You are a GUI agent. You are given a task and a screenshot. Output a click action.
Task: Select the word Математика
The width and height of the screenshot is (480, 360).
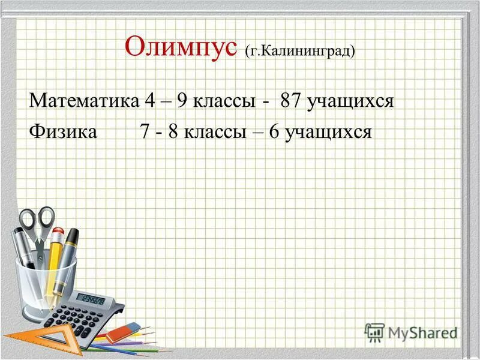84,100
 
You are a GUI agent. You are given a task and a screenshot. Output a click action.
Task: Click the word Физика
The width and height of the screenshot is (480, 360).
63,131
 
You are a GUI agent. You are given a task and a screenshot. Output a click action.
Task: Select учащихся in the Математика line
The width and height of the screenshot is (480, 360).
350,100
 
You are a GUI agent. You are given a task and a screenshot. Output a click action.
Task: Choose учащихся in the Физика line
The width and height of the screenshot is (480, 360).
329,131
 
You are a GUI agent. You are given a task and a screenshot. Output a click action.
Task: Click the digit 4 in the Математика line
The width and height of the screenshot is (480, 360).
149,100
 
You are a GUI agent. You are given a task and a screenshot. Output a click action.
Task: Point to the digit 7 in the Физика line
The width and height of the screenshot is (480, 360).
145,131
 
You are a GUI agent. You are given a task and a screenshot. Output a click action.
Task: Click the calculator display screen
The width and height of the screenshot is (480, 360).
93,299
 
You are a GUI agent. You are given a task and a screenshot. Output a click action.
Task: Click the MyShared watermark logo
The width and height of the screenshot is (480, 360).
410,331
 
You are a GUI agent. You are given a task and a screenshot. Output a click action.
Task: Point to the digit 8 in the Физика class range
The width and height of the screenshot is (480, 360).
173,131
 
